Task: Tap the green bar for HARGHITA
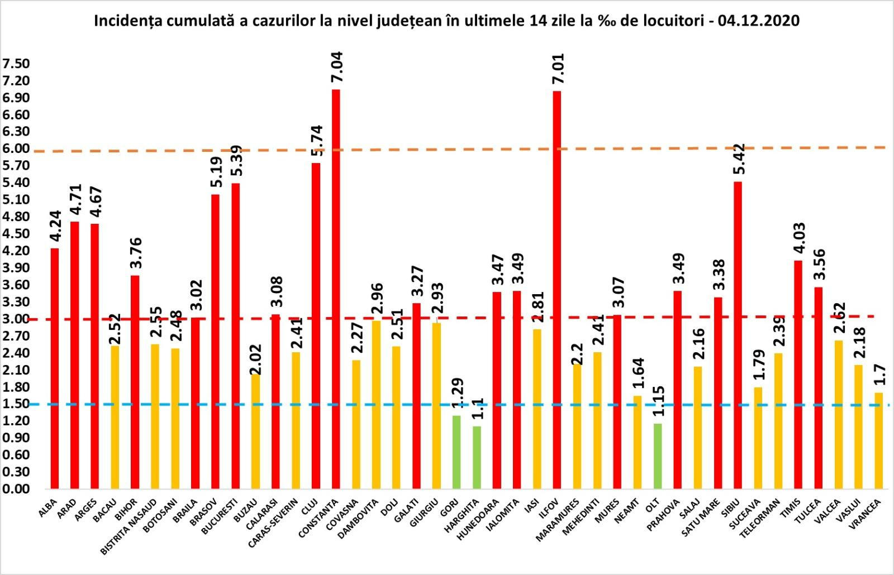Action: point(477,457)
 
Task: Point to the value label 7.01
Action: point(558,69)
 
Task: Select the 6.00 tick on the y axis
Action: point(16,148)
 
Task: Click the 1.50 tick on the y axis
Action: point(16,404)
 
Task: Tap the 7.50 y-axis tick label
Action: point(16,64)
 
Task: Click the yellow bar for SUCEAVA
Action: point(758,438)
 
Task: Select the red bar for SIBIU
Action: point(738,335)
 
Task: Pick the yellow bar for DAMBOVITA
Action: point(376,405)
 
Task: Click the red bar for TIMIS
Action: point(798,374)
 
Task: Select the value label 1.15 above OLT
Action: point(659,401)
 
